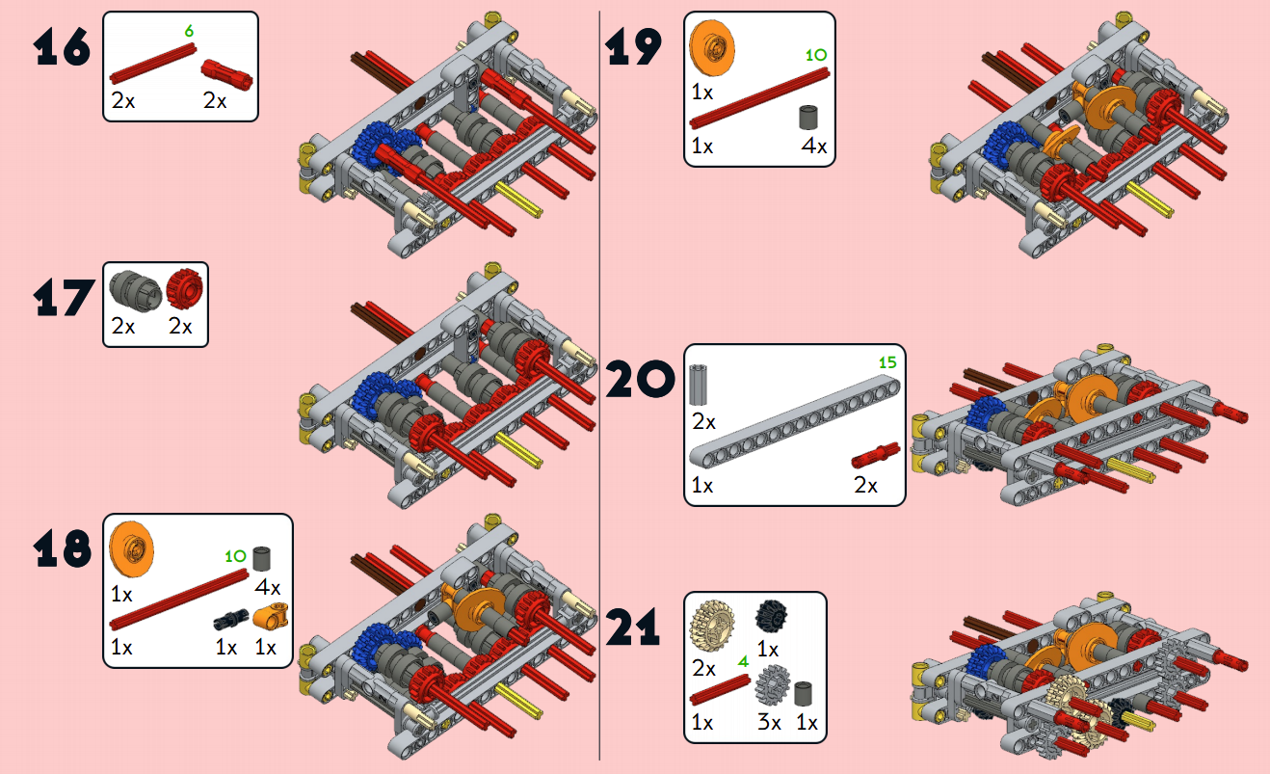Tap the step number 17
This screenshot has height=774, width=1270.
coord(64,298)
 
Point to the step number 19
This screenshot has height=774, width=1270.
coord(634,46)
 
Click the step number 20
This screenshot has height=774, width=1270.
coord(640,381)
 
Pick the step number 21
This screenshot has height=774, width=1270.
coord(633,628)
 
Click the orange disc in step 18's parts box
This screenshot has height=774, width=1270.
coord(132,547)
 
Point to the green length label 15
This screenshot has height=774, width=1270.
coord(888,363)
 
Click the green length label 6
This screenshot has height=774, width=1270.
coord(189,31)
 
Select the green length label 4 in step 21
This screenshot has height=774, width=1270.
coord(743,662)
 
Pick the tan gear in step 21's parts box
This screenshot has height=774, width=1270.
coord(712,627)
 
